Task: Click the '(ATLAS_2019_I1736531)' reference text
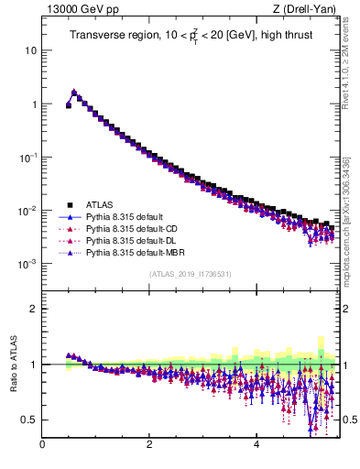pos(191,274)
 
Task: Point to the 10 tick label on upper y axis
pos(30,50)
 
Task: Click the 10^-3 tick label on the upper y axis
pos(27,263)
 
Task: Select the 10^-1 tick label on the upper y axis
pos(27,157)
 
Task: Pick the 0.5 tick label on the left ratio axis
pos(27,420)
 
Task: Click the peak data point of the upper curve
pos(74,93)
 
